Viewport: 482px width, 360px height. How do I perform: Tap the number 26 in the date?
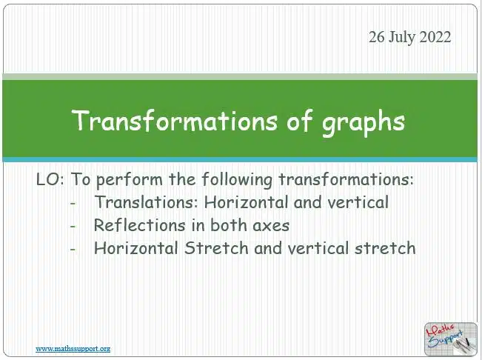(377, 37)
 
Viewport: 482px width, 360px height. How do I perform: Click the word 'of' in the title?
(300, 120)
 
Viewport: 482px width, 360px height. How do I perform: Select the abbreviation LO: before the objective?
(50, 179)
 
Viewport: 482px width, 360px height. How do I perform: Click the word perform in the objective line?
(130, 180)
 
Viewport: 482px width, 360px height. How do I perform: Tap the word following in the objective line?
(237, 180)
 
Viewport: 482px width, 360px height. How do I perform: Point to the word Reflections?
(140, 225)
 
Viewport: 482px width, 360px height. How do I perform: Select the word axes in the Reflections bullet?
(271, 226)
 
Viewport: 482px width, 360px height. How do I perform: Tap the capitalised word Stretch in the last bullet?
(216, 248)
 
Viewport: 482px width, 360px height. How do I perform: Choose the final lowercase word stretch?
(385, 248)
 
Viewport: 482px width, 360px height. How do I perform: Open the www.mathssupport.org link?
(73, 349)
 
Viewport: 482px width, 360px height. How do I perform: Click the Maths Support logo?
(451, 339)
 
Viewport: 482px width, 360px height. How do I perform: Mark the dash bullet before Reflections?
(73, 226)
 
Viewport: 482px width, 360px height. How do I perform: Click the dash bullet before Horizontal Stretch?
(73, 249)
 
